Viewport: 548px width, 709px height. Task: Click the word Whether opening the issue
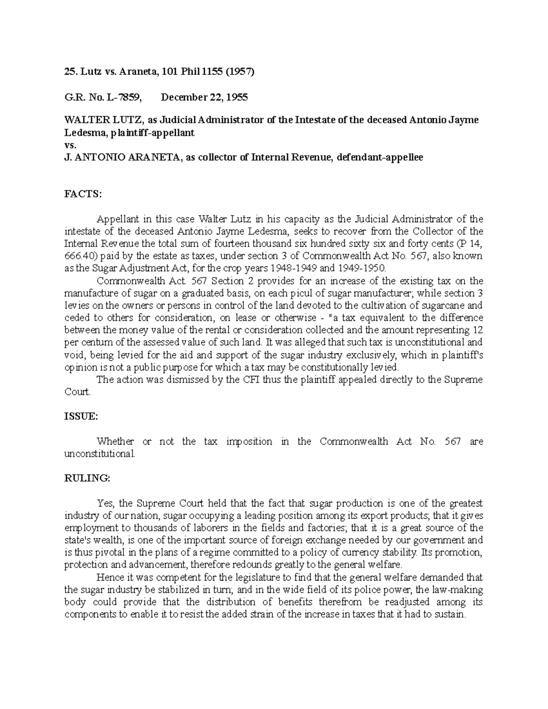pyautogui.click(x=115, y=441)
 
